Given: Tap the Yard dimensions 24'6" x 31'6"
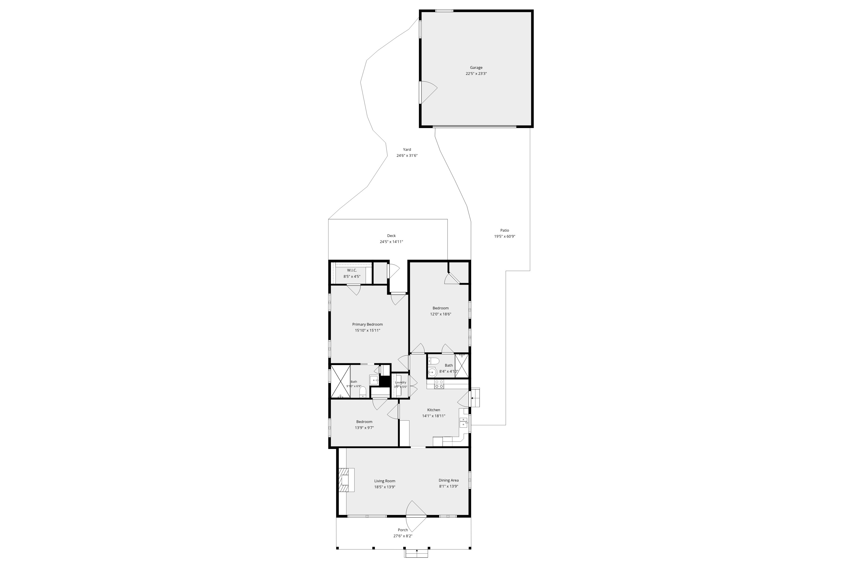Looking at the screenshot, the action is (x=407, y=155).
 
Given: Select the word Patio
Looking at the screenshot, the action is (x=504, y=230).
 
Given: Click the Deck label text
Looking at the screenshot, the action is (x=391, y=236).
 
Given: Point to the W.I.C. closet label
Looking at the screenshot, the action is (x=352, y=270).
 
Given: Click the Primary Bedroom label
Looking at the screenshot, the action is (x=367, y=324).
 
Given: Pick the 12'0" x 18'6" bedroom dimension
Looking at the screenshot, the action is (x=440, y=314).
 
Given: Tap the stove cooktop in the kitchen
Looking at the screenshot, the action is (x=439, y=384).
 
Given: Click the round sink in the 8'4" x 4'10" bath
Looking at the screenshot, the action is (x=432, y=372).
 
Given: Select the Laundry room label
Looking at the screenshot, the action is (x=400, y=382).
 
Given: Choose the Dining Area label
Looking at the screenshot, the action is (x=448, y=480).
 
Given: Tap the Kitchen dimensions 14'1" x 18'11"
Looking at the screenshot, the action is (x=434, y=416).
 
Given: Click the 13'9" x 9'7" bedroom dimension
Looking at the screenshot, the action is (x=364, y=428).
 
